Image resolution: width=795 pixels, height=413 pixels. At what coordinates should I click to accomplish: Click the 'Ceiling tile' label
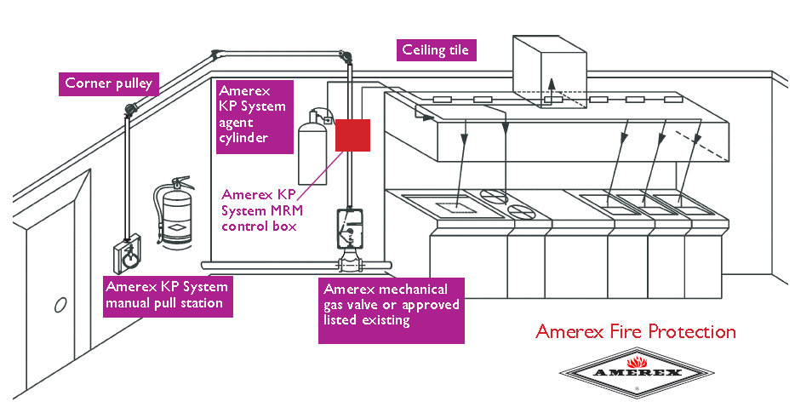[x=435, y=50]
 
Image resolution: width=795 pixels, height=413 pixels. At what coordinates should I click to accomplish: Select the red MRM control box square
[x=352, y=135]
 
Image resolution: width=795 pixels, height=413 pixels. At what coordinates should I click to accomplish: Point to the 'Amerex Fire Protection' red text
[x=635, y=331]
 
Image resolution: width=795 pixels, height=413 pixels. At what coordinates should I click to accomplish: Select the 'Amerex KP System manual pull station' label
[x=166, y=295]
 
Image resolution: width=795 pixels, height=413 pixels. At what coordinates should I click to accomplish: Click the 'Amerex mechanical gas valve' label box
[x=392, y=310]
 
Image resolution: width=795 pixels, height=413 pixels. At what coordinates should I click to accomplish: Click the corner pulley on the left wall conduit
[x=130, y=109]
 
